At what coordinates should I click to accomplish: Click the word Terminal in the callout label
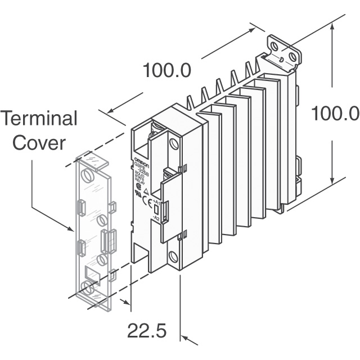tap(39, 119)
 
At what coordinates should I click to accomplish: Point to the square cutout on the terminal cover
tap(91, 274)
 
